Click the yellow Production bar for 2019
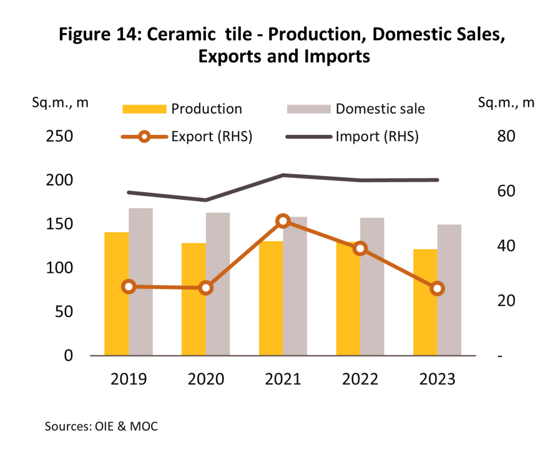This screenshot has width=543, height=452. point(117,293)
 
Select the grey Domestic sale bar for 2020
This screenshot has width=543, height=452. point(218,284)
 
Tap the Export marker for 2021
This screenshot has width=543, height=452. point(283,221)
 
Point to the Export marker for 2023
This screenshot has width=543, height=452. point(438,288)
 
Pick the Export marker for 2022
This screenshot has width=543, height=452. point(360,248)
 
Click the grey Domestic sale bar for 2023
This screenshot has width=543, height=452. point(449,290)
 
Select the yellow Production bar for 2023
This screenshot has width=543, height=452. point(425,302)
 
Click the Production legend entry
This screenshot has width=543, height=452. point(206,109)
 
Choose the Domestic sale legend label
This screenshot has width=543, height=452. point(380,109)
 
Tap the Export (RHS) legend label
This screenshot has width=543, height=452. point(212,137)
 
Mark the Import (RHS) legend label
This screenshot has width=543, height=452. point(377,137)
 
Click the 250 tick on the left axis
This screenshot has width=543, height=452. point(60,137)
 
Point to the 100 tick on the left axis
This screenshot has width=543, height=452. point(60,268)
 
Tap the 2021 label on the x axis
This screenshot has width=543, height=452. point(283,379)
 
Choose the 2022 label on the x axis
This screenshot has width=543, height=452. point(360,379)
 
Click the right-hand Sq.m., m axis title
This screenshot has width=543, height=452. point(506,102)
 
